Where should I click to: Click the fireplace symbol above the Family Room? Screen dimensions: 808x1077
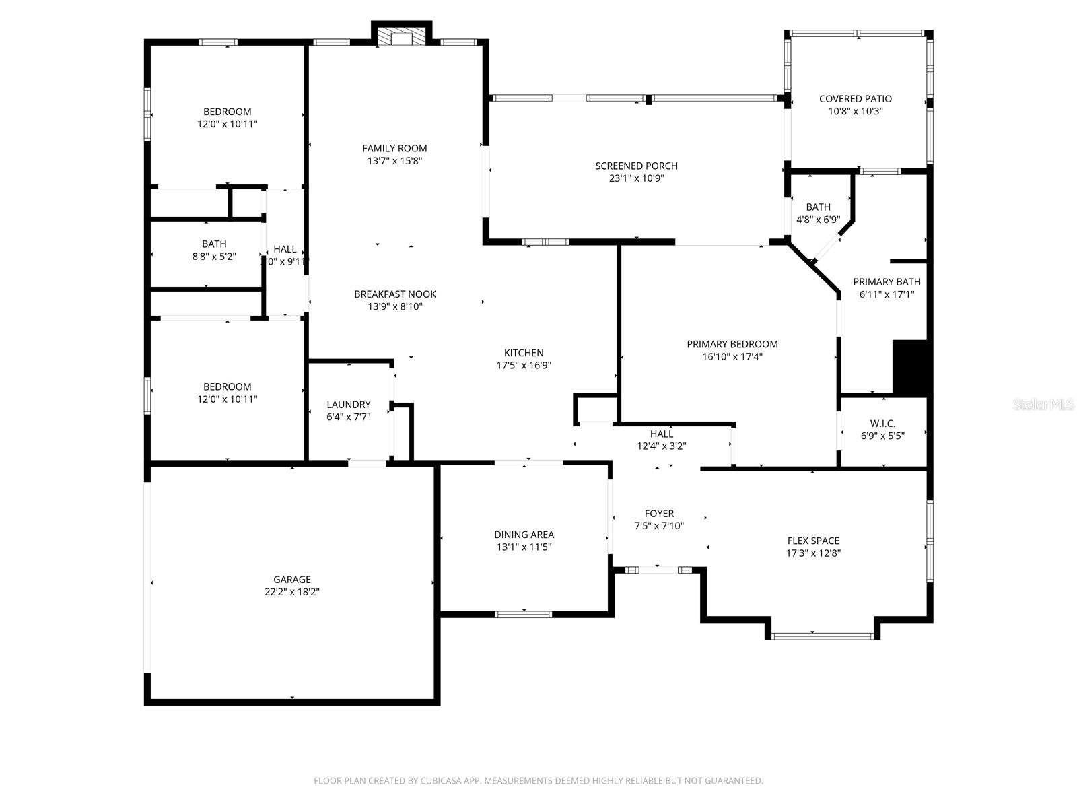[402, 36]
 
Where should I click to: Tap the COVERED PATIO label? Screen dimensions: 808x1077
[855, 99]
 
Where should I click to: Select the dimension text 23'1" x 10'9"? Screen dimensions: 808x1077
[636, 178]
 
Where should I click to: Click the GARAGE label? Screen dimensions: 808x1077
[292, 579]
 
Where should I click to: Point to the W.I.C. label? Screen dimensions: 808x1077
[882, 423]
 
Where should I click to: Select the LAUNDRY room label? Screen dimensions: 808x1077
[349, 404]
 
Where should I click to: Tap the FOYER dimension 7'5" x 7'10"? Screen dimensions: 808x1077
[659, 526]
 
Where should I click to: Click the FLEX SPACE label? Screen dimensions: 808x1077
[813, 541]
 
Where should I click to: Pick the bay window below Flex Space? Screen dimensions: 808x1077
[822, 635]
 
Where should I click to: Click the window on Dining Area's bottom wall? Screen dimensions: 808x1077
[524, 613]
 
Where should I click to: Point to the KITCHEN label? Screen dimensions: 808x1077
[524, 353]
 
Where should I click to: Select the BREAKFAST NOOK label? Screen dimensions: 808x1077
[395, 294]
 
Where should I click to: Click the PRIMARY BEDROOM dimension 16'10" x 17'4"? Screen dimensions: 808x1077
[732, 357]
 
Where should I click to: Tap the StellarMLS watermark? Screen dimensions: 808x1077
[1044, 404]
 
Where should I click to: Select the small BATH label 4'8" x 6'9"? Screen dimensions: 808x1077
[818, 207]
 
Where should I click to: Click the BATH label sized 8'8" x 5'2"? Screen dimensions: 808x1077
[214, 244]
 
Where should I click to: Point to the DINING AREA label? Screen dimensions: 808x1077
[524, 535]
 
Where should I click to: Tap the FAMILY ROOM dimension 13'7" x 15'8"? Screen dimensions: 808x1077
[394, 161]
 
